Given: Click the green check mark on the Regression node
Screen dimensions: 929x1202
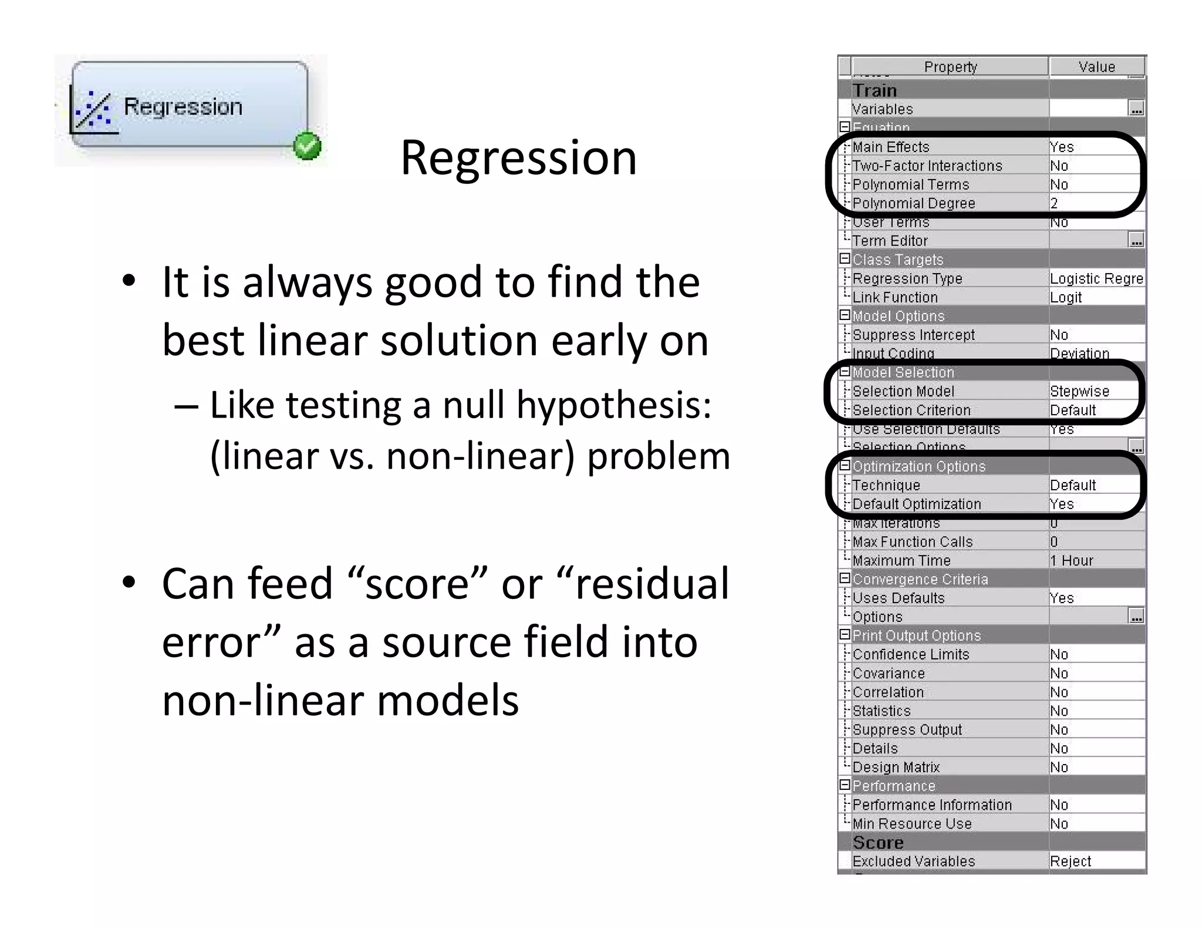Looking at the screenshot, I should (307, 146).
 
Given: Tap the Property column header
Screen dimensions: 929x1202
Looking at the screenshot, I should (950, 67).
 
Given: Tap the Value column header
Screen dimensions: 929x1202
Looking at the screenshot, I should (1096, 67).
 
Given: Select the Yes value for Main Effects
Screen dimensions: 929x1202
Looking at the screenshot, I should (1062, 147).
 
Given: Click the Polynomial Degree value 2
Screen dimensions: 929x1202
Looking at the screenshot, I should (1055, 203).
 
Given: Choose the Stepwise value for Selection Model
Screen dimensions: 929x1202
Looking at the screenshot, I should (1079, 391).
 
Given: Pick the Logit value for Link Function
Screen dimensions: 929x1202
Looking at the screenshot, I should (1066, 297).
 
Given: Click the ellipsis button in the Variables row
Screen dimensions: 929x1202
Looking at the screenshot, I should (1136, 109).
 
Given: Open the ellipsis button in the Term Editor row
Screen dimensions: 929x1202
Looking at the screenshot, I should (1136, 241).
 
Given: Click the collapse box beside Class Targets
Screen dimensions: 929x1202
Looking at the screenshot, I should (845, 259).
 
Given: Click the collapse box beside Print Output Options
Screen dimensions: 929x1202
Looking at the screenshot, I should (845, 635).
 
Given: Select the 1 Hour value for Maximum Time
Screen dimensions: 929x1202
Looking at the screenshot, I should (1072, 560).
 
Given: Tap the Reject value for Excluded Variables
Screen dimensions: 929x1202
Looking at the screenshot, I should (1071, 861).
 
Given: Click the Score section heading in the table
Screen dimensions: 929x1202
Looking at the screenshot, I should (878, 843).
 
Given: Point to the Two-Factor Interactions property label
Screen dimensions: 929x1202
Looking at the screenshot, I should (927, 166).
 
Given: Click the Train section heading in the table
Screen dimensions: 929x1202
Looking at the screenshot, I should (875, 90).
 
